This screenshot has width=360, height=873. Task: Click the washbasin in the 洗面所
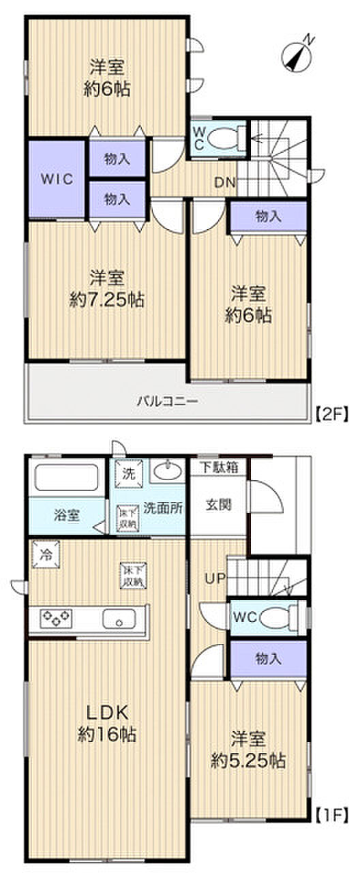[x=166, y=471]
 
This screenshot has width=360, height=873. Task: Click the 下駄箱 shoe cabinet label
[x=218, y=468]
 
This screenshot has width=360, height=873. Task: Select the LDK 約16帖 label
[x=107, y=723]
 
